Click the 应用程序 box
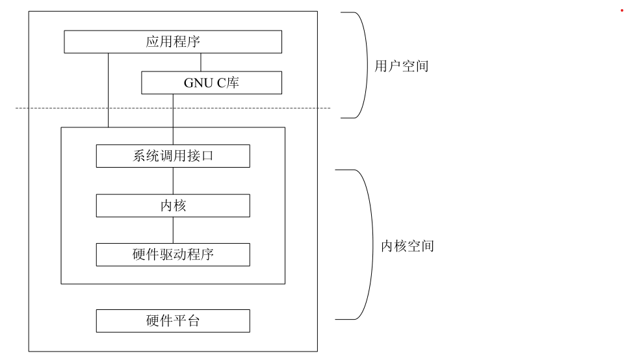pos(173,42)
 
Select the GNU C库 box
pos(212,83)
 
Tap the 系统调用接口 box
pos(173,157)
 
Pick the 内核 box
pos(173,205)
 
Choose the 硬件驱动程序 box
pos(173,255)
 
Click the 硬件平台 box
pos(173,321)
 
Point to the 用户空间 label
pos(402,66)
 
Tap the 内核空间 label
pos(407,247)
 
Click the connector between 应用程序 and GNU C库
pos(201,62)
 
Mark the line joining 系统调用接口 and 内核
pos(173,181)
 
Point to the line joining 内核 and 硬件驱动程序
pos(173,230)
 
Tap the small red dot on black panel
pos(621,10)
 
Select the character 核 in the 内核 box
pos(180,205)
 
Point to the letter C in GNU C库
pos(219,83)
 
